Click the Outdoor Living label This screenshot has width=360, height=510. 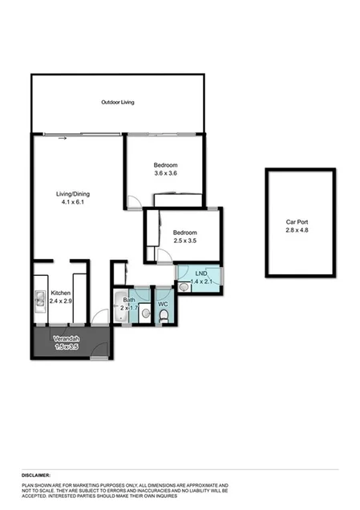[x=117, y=103]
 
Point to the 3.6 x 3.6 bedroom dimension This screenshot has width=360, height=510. [x=165, y=173]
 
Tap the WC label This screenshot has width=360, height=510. [x=163, y=305]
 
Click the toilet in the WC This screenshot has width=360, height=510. [x=163, y=318]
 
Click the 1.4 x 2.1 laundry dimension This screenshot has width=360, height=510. [x=197, y=282]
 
